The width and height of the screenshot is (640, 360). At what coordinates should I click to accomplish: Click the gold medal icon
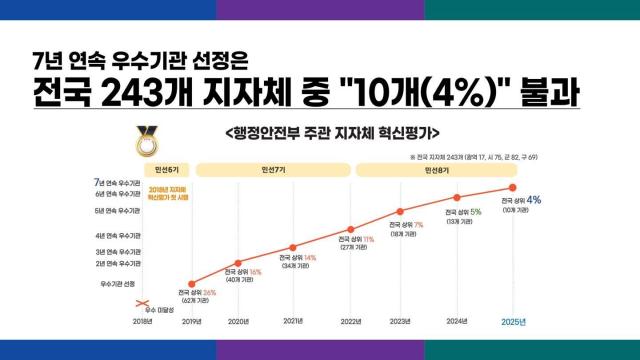tap(148, 141)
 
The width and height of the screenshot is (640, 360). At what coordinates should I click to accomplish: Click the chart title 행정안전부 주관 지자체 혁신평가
tap(333, 133)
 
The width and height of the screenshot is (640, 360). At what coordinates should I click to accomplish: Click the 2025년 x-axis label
tap(514, 321)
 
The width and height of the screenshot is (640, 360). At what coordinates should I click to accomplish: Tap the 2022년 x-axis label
tap(350, 321)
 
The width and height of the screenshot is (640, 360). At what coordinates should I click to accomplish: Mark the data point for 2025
tap(514, 187)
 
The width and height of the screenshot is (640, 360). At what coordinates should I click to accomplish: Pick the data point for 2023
tap(401, 211)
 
